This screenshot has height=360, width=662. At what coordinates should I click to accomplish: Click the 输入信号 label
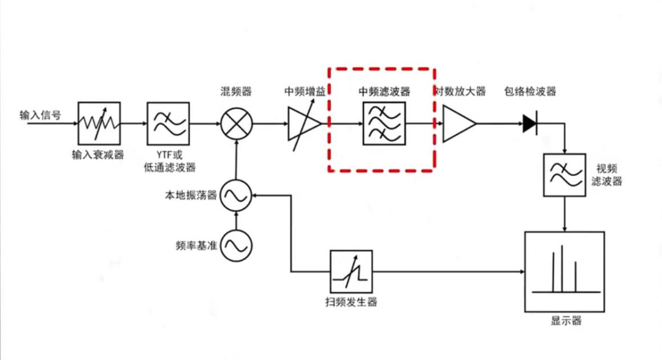pos(40,115)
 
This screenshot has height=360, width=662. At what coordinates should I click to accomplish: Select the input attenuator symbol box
pos(99,124)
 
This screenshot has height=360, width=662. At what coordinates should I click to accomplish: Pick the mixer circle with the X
pos(235,124)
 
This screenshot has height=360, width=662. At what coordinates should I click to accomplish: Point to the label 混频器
pos(236,91)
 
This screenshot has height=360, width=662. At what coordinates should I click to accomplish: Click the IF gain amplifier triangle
pos(303,124)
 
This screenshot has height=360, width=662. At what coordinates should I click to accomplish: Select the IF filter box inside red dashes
pos(384,124)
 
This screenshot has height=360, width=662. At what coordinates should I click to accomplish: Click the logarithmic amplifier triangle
pos(457,124)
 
